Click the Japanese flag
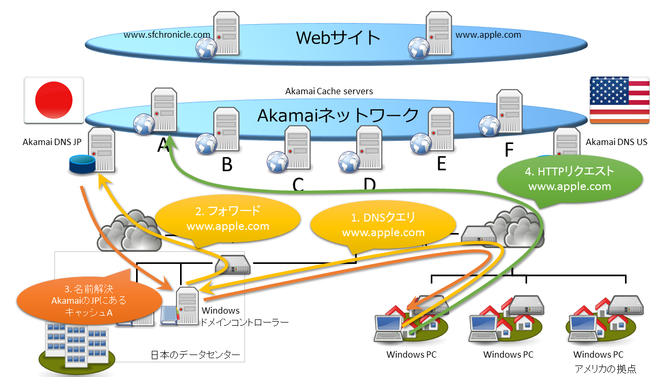[x=54, y=99]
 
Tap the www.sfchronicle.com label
[x=167, y=35]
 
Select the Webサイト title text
[x=338, y=38]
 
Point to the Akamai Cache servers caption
[x=329, y=91]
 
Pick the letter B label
[x=227, y=165]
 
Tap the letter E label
[x=441, y=163]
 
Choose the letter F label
[x=509, y=150]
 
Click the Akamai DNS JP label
[x=51, y=142]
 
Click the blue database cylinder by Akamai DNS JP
[x=82, y=165]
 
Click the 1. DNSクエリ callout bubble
[x=383, y=226]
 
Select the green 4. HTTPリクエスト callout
[x=569, y=179]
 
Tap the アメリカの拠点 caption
[x=605, y=369]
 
